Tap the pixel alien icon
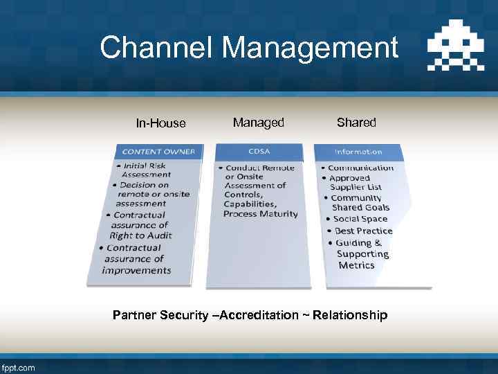pos(454,51)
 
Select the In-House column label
pos(160,123)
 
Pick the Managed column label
pos(258,123)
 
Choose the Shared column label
pos(356,123)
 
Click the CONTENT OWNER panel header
pos(158,152)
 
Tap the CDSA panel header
pos(259,152)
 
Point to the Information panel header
pos(358,152)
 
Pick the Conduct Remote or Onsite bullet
pos(259,190)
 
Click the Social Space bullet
pos(360,219)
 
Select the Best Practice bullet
pos(363,231)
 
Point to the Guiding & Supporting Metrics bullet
pos(362,253)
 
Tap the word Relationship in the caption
pos(350,316)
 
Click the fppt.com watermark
pos(19,367)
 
